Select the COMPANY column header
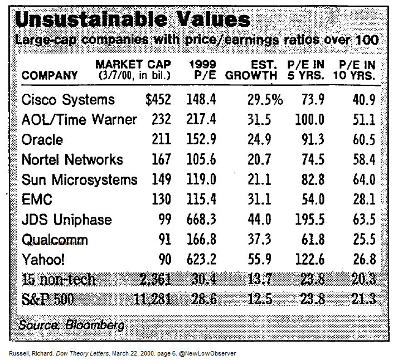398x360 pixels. point(50,75)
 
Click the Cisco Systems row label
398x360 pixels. point(68,100)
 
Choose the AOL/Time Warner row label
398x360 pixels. point(79,120)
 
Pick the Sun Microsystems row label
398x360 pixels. point(79,179)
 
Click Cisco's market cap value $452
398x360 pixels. point(158,100)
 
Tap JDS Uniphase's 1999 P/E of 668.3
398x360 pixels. point(202,220)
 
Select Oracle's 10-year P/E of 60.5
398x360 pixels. point(365,140)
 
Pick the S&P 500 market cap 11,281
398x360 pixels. point(152,299)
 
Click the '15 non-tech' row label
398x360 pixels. point(59,279)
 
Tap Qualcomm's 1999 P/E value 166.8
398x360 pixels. point(202,240)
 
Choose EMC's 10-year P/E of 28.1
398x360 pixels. point(365,200)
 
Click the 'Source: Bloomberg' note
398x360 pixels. point(71,324)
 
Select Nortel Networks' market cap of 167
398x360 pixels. point(161,160)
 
